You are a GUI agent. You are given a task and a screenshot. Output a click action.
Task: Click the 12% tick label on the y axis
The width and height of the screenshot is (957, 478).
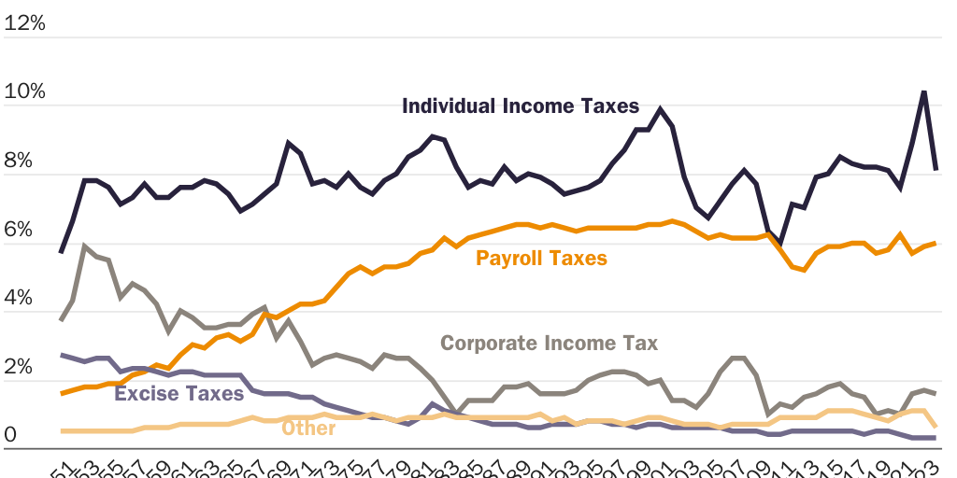tap(24, 23)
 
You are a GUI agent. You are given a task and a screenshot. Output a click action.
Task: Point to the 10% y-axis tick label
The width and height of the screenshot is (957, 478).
tap(24, 92)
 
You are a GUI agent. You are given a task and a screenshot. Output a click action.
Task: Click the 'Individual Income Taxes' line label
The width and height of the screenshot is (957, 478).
tap(521, 105)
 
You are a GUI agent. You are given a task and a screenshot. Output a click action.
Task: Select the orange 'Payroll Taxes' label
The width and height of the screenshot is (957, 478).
tap(542, 258)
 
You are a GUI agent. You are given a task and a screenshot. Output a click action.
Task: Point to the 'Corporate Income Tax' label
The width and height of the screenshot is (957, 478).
tap(550, 344)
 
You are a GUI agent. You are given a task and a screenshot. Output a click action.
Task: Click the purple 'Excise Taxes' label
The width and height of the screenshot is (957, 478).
tap(179, 393)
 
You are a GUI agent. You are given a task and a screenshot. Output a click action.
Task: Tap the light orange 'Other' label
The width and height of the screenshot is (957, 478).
tap(308, 428)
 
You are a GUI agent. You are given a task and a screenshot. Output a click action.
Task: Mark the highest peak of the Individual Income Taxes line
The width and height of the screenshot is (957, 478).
tap(924, 91)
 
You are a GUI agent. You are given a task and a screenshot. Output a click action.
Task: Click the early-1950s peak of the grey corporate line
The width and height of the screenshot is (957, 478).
tap(85, 246)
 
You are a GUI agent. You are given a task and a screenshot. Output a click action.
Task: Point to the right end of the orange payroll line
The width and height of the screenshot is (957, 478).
tap(936, 243)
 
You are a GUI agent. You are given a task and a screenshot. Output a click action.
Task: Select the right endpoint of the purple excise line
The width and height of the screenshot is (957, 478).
tap(936, 438)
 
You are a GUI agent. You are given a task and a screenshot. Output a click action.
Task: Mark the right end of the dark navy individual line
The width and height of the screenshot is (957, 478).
tap(936, 170)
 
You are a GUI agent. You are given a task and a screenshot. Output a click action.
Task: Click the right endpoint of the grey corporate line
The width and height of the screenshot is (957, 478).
tap(936, 393)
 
